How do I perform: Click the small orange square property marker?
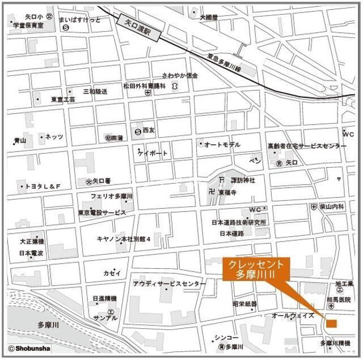(332, 324)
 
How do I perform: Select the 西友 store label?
(149, 130)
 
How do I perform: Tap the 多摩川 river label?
(49, 324)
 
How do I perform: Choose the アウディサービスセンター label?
(170, 283)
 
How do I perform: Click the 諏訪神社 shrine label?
(243, 180)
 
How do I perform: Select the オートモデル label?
(222, 145)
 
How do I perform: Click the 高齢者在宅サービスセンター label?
(307, 146)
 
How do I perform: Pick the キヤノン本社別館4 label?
(124, 239)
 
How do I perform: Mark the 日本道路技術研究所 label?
(239, 222)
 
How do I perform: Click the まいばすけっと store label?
(79, 20)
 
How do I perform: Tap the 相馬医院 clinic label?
(339, 299)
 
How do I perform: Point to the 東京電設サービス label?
(102, 213)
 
